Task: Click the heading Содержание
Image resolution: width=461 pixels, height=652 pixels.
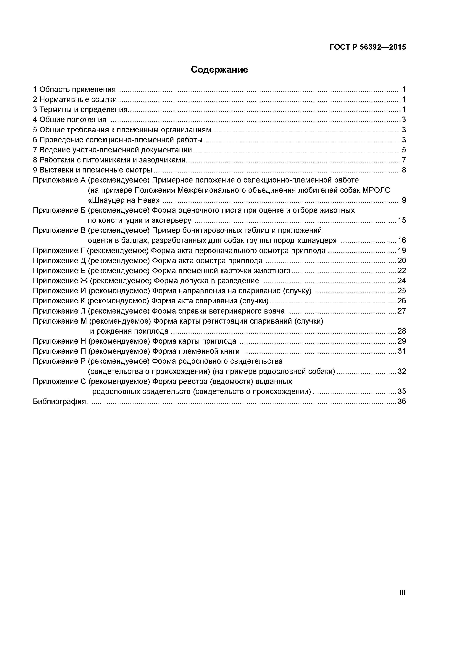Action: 219,70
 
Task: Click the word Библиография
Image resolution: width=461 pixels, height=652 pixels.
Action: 59,401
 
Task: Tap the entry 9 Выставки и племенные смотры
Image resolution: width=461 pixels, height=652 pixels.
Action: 93,170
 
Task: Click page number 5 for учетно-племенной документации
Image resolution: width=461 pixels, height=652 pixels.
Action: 404,150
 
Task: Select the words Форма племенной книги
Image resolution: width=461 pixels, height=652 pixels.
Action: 196,351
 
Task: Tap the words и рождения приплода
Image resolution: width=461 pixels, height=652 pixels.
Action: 129,331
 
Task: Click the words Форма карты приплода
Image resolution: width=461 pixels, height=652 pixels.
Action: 194,341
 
